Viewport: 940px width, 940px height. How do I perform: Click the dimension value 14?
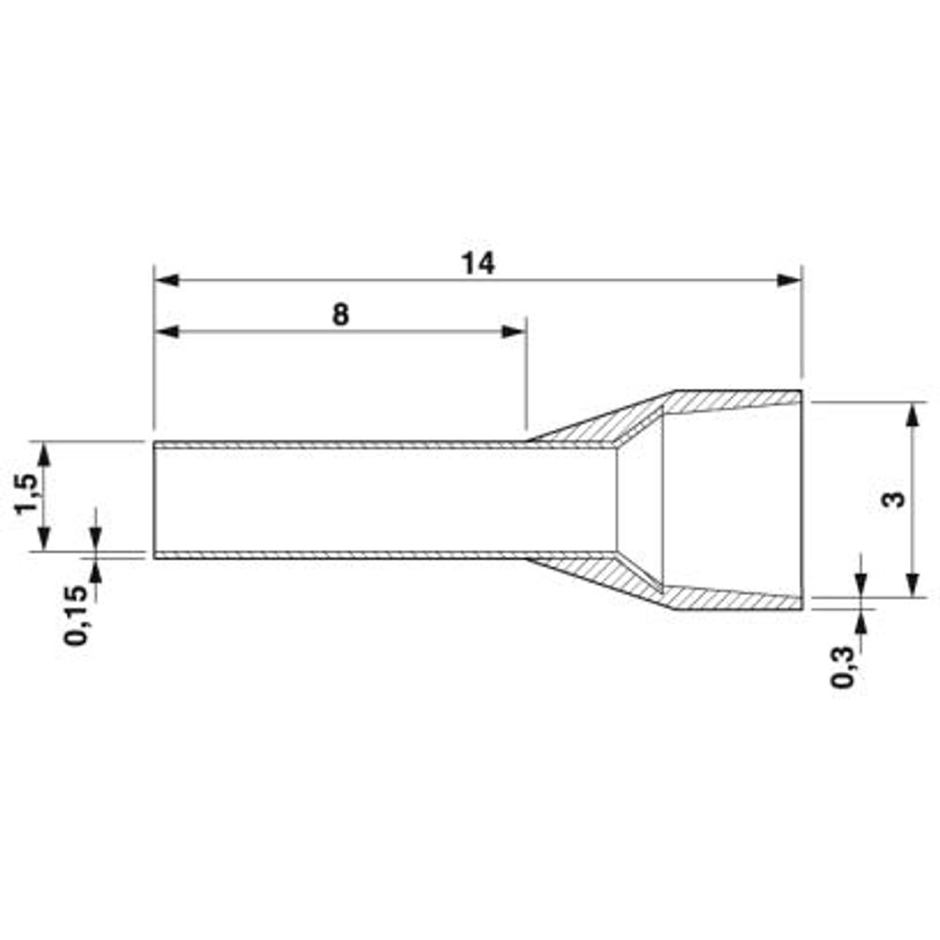[x=478, y=263]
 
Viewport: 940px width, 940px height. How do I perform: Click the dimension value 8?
[x=340, y=315]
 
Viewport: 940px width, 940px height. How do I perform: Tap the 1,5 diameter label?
[x=27, y=493]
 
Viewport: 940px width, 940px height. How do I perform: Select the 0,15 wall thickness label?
[x=76, y=616]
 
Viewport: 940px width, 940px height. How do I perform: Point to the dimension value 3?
[x=894, y=499]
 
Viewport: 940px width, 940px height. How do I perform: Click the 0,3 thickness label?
[x=842, y=666]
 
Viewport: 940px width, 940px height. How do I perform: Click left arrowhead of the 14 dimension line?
[x=166, y=280]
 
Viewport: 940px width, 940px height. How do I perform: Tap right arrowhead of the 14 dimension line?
[x=789, y=280]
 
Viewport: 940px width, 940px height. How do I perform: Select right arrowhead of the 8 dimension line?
[x=514, y=332]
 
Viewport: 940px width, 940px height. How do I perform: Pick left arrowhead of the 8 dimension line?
[x=166, y=332]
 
